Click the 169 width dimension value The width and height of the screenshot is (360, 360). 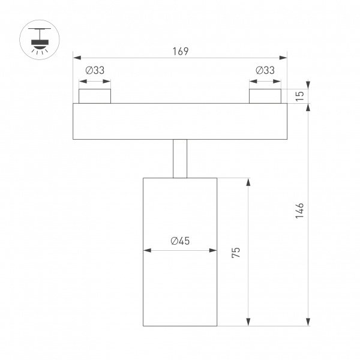point(180,51)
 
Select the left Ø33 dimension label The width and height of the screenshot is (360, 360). point(95,70)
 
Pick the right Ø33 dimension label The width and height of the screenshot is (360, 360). point(265,70)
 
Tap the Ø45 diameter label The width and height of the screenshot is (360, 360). point(180,241)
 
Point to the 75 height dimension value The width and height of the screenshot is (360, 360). point(236,253)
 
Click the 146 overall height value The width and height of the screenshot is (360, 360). point(300,212)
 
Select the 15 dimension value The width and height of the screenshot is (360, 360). point(300,93)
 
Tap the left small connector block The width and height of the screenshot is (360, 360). point(95,96)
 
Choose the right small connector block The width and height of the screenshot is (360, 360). point(265,96)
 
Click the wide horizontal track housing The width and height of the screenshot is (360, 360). point(180,121)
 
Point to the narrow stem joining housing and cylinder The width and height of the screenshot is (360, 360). point(180,158)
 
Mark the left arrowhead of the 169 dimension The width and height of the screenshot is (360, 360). point(76,58)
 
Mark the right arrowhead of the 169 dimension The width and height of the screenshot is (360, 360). point(284,58)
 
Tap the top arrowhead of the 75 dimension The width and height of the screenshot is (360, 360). point(248,181)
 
